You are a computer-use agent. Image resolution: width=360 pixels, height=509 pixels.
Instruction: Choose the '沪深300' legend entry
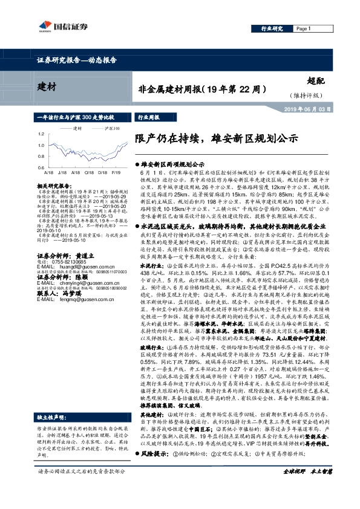(111, 129)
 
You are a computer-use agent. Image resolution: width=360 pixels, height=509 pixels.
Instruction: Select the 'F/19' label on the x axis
(115, 171)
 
